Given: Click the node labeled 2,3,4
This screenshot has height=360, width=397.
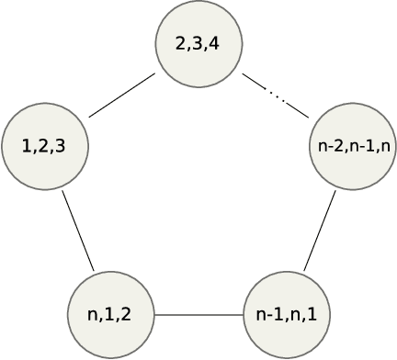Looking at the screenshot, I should click(198, 44).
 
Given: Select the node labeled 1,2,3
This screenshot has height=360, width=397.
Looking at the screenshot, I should click(44, 146).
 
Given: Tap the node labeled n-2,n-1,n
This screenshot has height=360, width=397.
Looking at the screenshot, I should click(353, 146).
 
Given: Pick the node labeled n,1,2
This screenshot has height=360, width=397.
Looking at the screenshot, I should click(110, 315).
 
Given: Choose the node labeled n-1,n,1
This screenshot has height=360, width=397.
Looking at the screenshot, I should click(287, 315).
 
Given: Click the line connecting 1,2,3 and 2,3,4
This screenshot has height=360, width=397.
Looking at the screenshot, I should click(121, 96).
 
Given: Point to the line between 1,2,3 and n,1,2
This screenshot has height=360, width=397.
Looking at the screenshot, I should click(78, 231).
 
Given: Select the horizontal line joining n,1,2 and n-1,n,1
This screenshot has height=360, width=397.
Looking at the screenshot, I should click(198, 315).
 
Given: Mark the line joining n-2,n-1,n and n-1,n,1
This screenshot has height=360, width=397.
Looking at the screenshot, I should click(320, 231).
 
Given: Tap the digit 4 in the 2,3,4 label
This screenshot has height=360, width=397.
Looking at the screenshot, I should click(213, 44).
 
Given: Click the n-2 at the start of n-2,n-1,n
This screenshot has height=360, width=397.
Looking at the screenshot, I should click(327, 146).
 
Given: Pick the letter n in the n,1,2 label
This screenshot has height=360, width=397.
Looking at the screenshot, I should click(93, 315).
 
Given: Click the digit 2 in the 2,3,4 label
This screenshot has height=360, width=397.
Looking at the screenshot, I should click(182, 44).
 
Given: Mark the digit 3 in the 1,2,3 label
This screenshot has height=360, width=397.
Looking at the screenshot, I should click(59, 146).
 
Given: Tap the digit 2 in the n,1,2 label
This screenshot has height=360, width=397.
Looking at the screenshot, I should click(126, 315).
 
